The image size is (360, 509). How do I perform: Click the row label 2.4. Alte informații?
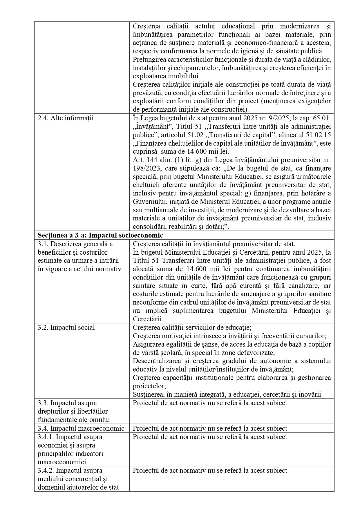[66, 118]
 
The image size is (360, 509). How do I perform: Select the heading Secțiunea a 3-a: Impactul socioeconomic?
[100, 235]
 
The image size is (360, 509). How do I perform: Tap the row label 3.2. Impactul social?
[66, 327]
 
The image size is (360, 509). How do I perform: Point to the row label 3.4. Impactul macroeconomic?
[81, 428]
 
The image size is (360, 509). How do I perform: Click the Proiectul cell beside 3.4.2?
[210, 470]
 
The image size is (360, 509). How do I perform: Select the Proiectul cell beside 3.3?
[210, 403]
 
